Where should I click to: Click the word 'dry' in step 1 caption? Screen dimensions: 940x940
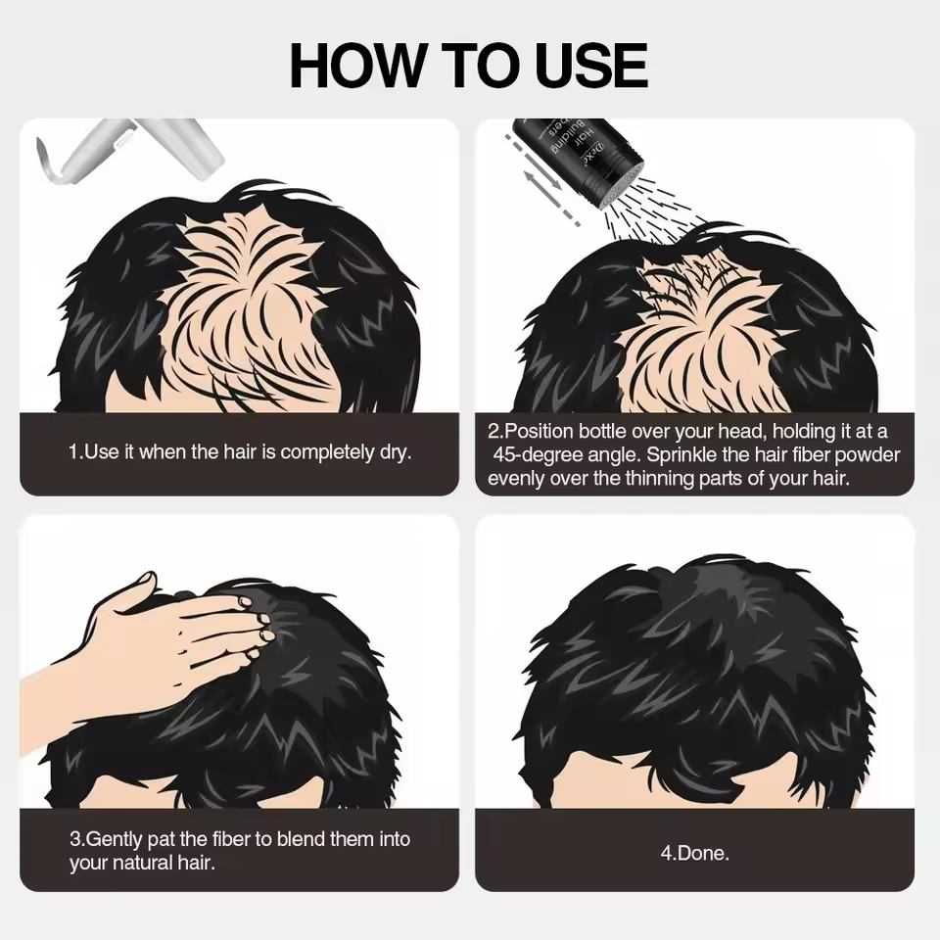click(x=393, y=452)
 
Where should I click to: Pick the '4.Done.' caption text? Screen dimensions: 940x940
click(x=694, y=853)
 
